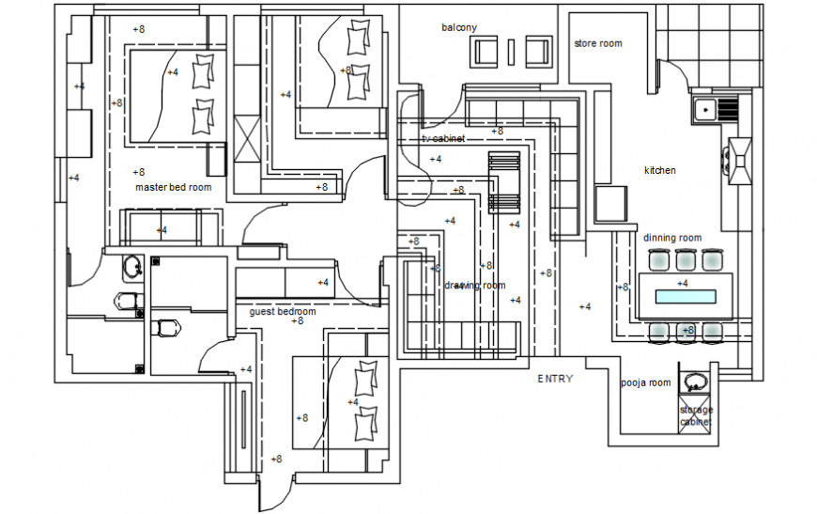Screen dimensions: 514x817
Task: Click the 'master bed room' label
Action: tap(174, 187)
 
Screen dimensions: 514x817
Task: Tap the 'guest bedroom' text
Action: tap(283, 311)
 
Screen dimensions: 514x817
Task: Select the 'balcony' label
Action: tap(459, 28)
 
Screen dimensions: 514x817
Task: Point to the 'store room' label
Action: tap(598, 43)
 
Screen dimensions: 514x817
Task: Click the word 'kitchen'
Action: tap(659, 171)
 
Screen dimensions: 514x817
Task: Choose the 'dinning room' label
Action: tap(672, 238)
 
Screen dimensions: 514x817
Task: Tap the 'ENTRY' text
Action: tap(555, 379)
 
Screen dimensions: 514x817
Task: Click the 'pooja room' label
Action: tap(646, 382)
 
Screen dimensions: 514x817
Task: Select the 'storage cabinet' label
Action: tap(696, 416)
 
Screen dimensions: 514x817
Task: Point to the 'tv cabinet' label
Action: tap(443, 139)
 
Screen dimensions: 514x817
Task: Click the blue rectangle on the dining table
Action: tap(686, 297)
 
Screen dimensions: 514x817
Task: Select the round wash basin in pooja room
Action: tap(694, 382)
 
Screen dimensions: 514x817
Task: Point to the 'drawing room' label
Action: tap(475, 286)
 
